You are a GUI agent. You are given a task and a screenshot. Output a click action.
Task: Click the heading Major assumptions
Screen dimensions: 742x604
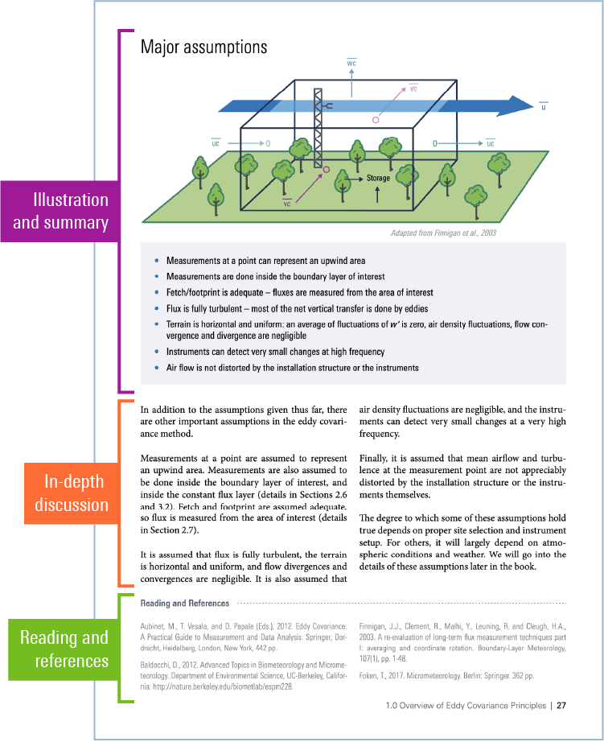pos(203,47)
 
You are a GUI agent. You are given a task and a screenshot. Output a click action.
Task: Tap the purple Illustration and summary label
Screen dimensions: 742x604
pos(60,211)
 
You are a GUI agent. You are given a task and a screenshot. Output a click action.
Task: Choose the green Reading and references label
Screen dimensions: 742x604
pos(64,649)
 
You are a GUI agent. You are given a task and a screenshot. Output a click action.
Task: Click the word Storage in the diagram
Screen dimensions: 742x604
pos(378,178)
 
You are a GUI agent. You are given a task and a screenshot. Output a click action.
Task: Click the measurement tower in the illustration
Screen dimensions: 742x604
pos(318,129)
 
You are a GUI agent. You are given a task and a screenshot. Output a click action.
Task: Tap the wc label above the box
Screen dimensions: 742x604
pos(351,63)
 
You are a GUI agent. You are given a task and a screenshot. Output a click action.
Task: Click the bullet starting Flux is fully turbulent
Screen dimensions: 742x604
pos(297,308)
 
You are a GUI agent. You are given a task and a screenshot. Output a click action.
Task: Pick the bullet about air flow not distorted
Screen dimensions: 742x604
pos(292,368)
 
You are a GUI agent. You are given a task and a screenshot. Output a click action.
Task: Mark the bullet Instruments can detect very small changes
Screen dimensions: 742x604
pos(275,352)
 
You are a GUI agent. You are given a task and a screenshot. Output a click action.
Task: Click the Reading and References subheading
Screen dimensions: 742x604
pos(184,603)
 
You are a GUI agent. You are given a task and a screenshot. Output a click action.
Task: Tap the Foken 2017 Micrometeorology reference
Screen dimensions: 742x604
pos(446,675)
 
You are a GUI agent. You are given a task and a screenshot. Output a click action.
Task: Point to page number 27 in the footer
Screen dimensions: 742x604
pos(561,706)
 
